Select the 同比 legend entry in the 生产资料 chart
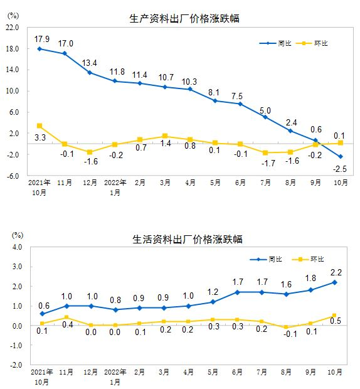point(277,43)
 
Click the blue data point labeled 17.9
point(40,49)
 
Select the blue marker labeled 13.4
point(90,73)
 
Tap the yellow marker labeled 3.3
point(40,126)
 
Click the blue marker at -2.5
point(341,157)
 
